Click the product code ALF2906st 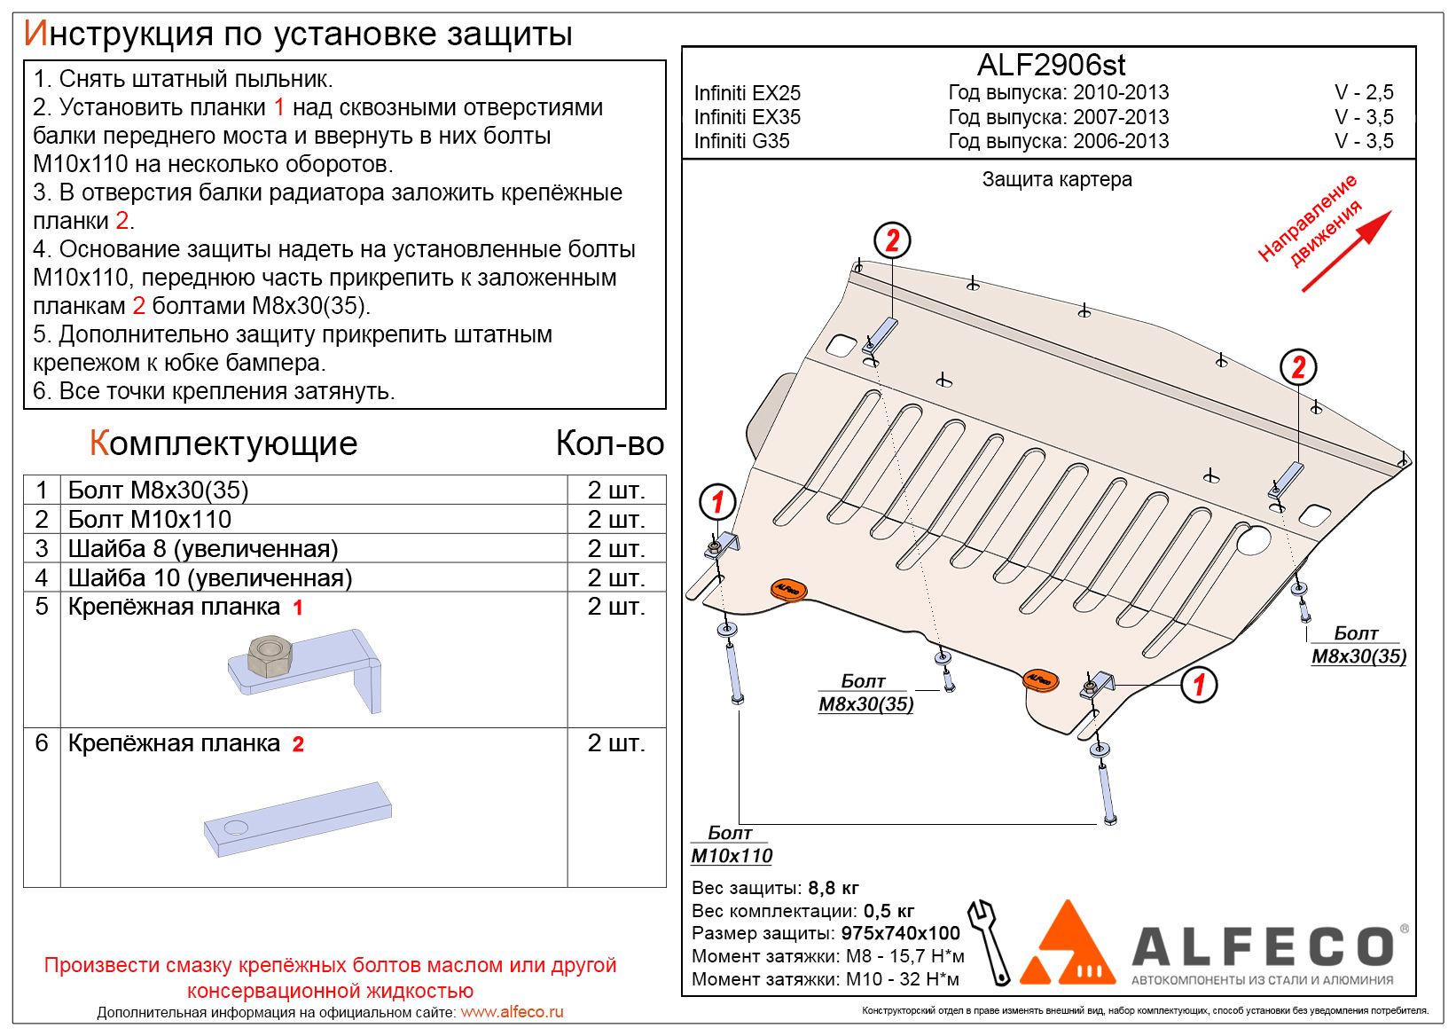(x=1051, y=65)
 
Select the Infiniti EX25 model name (x=747, y=93)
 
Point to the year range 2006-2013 (x=1121, y=141)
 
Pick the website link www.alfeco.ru (x=512, y=1012)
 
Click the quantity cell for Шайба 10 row (x=615, y=577)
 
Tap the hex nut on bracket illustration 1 (x=270, y=655)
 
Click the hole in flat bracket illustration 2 (x=236, y=828)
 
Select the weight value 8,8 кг (x=833, y=888)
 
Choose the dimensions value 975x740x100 (x=900, y=933)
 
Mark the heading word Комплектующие (x=223, y=443)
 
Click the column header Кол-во (x=610, y=443)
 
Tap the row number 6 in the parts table (x=42, y=743)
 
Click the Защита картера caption (x=1056, y=179)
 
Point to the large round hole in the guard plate (x=1254, y=539)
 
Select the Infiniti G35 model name (x=741, y=141)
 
